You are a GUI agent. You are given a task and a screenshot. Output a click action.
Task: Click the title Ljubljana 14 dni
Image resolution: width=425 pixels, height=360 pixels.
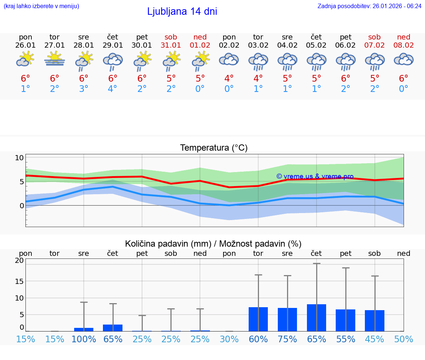pyautogui.click(x=182, y=11)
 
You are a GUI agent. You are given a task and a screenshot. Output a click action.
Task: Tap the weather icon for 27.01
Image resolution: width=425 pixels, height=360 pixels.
pyautogui.click(x=55, y=59)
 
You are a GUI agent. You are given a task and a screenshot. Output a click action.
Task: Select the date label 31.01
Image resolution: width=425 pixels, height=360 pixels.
pyautogui.click(x=171, y=45)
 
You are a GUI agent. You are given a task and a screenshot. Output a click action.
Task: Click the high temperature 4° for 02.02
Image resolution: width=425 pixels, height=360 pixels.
pyautogui.click(x=229, y=79)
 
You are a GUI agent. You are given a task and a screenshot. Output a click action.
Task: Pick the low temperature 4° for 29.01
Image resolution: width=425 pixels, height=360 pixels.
pyautogui.click(x=113, y=89)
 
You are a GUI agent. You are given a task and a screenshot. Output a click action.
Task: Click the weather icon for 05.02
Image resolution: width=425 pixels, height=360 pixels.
pyautogui.click(x=316, y=61)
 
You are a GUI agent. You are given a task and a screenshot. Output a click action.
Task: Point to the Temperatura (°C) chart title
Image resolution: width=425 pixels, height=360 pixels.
pyautogui.click(x=214, y=148)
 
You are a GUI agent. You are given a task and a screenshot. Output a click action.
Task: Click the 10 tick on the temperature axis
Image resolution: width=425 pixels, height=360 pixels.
pyautogui.click(x=19, y=158)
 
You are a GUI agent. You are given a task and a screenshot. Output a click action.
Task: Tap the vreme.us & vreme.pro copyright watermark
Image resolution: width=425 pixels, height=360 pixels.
pyautogui.click(x=315, y=176)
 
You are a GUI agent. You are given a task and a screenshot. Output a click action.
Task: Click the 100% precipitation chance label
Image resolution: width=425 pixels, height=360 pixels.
pyautogui.click(x=84, y=339)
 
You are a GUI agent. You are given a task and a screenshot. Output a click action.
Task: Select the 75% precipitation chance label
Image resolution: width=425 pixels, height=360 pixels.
pyautogui.click(x=287, y=339)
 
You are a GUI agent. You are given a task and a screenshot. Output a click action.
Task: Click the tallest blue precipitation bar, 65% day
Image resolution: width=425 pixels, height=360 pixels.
pyautogui.click(x=316, y=318)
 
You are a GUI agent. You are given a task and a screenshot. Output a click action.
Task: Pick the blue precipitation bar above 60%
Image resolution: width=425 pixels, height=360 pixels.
pyautogui.click(x=258, y=319)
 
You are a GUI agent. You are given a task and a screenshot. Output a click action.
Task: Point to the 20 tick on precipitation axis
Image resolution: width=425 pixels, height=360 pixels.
pyautogui.click(x=19, y=260)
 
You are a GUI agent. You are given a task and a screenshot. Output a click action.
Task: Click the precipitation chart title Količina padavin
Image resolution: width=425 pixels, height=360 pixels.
pyautogui.click(x=213, y=244)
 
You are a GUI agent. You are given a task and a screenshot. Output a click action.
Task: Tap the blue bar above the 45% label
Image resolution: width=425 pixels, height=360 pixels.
pyautogui.click(x=374, y=320)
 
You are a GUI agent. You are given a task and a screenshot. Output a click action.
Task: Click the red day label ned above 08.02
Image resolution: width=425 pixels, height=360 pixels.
pyautogui.click(x=404, y=37)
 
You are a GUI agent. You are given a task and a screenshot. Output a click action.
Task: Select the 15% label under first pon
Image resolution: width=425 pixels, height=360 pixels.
pyautogui.click(x=25, y=339)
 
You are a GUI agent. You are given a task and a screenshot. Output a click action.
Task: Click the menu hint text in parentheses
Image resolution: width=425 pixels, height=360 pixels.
pyautogui.click(x=41, y=6)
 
